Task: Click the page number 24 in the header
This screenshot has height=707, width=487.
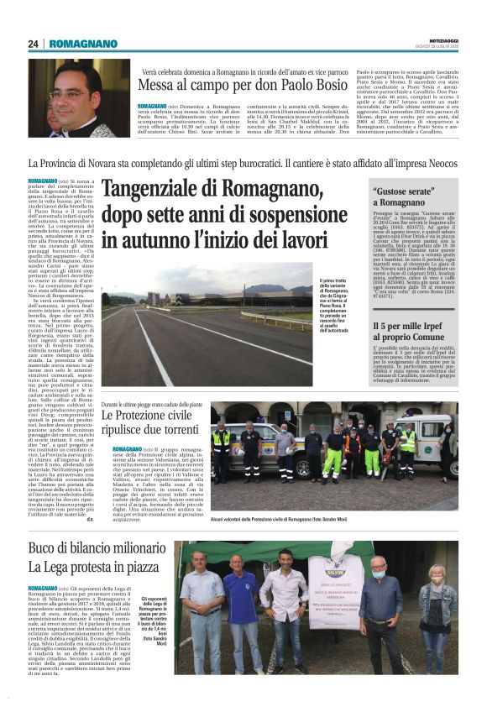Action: pyautogui.click(x=34, y=43)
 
